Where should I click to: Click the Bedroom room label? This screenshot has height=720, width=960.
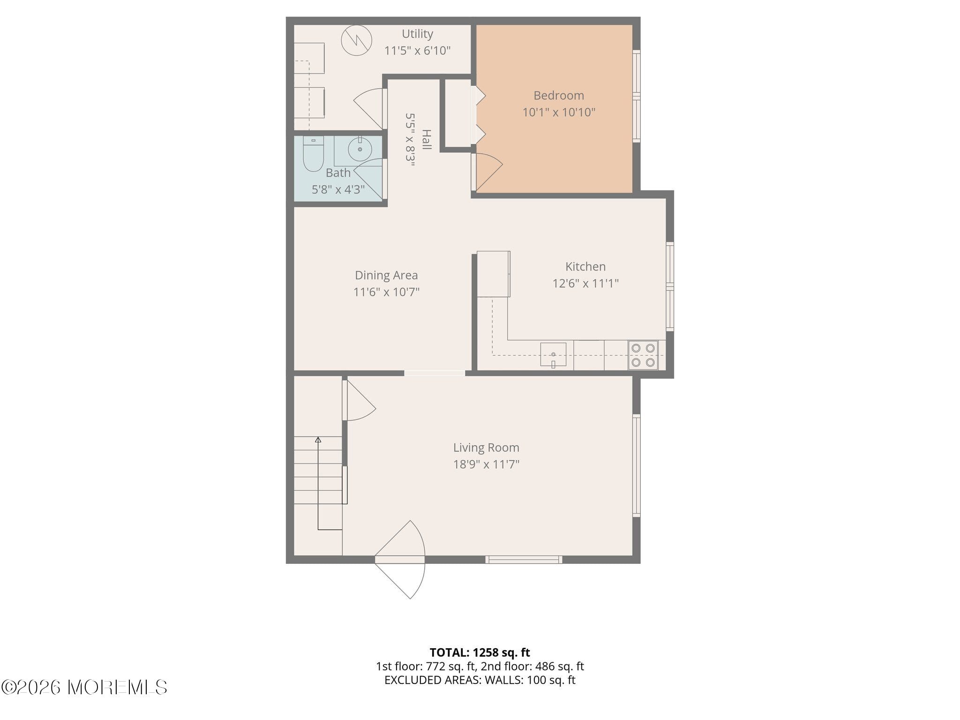tap(559, 95)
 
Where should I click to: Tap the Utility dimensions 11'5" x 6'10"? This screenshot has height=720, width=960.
tap(417, 50)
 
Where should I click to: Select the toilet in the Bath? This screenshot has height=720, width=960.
tap(313, 154)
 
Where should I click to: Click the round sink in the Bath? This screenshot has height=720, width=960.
tap(360, 149)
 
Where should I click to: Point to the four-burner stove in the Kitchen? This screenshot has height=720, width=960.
tap(643, 355)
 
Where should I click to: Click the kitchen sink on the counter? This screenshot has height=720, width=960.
tap(553, 354)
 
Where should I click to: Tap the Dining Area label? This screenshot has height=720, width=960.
tap(386, 275)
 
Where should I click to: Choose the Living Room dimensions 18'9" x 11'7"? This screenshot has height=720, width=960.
tap(486, 464)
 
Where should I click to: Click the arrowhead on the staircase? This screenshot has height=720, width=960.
tap(318, 440)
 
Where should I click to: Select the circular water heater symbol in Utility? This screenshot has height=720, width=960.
tap(356, 40)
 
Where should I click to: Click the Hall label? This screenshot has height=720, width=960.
tap(426, 140)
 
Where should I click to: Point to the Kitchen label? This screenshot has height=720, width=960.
tap(585, 266)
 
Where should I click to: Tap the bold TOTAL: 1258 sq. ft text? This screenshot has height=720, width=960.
tap(480, 652)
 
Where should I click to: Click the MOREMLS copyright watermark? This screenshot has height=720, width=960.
tap(84, 687)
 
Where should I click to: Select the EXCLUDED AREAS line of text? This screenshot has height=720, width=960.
tap(480, 680)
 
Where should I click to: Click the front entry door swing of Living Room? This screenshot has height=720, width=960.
tap(400, 560)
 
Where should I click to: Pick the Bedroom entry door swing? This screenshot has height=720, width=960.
tap(487, 172)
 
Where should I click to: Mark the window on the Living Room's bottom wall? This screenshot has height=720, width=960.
tap(524, 559)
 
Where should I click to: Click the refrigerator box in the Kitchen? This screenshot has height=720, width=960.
tap(493, 274)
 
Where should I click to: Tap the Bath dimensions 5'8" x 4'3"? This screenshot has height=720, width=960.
tap(338, 189)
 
